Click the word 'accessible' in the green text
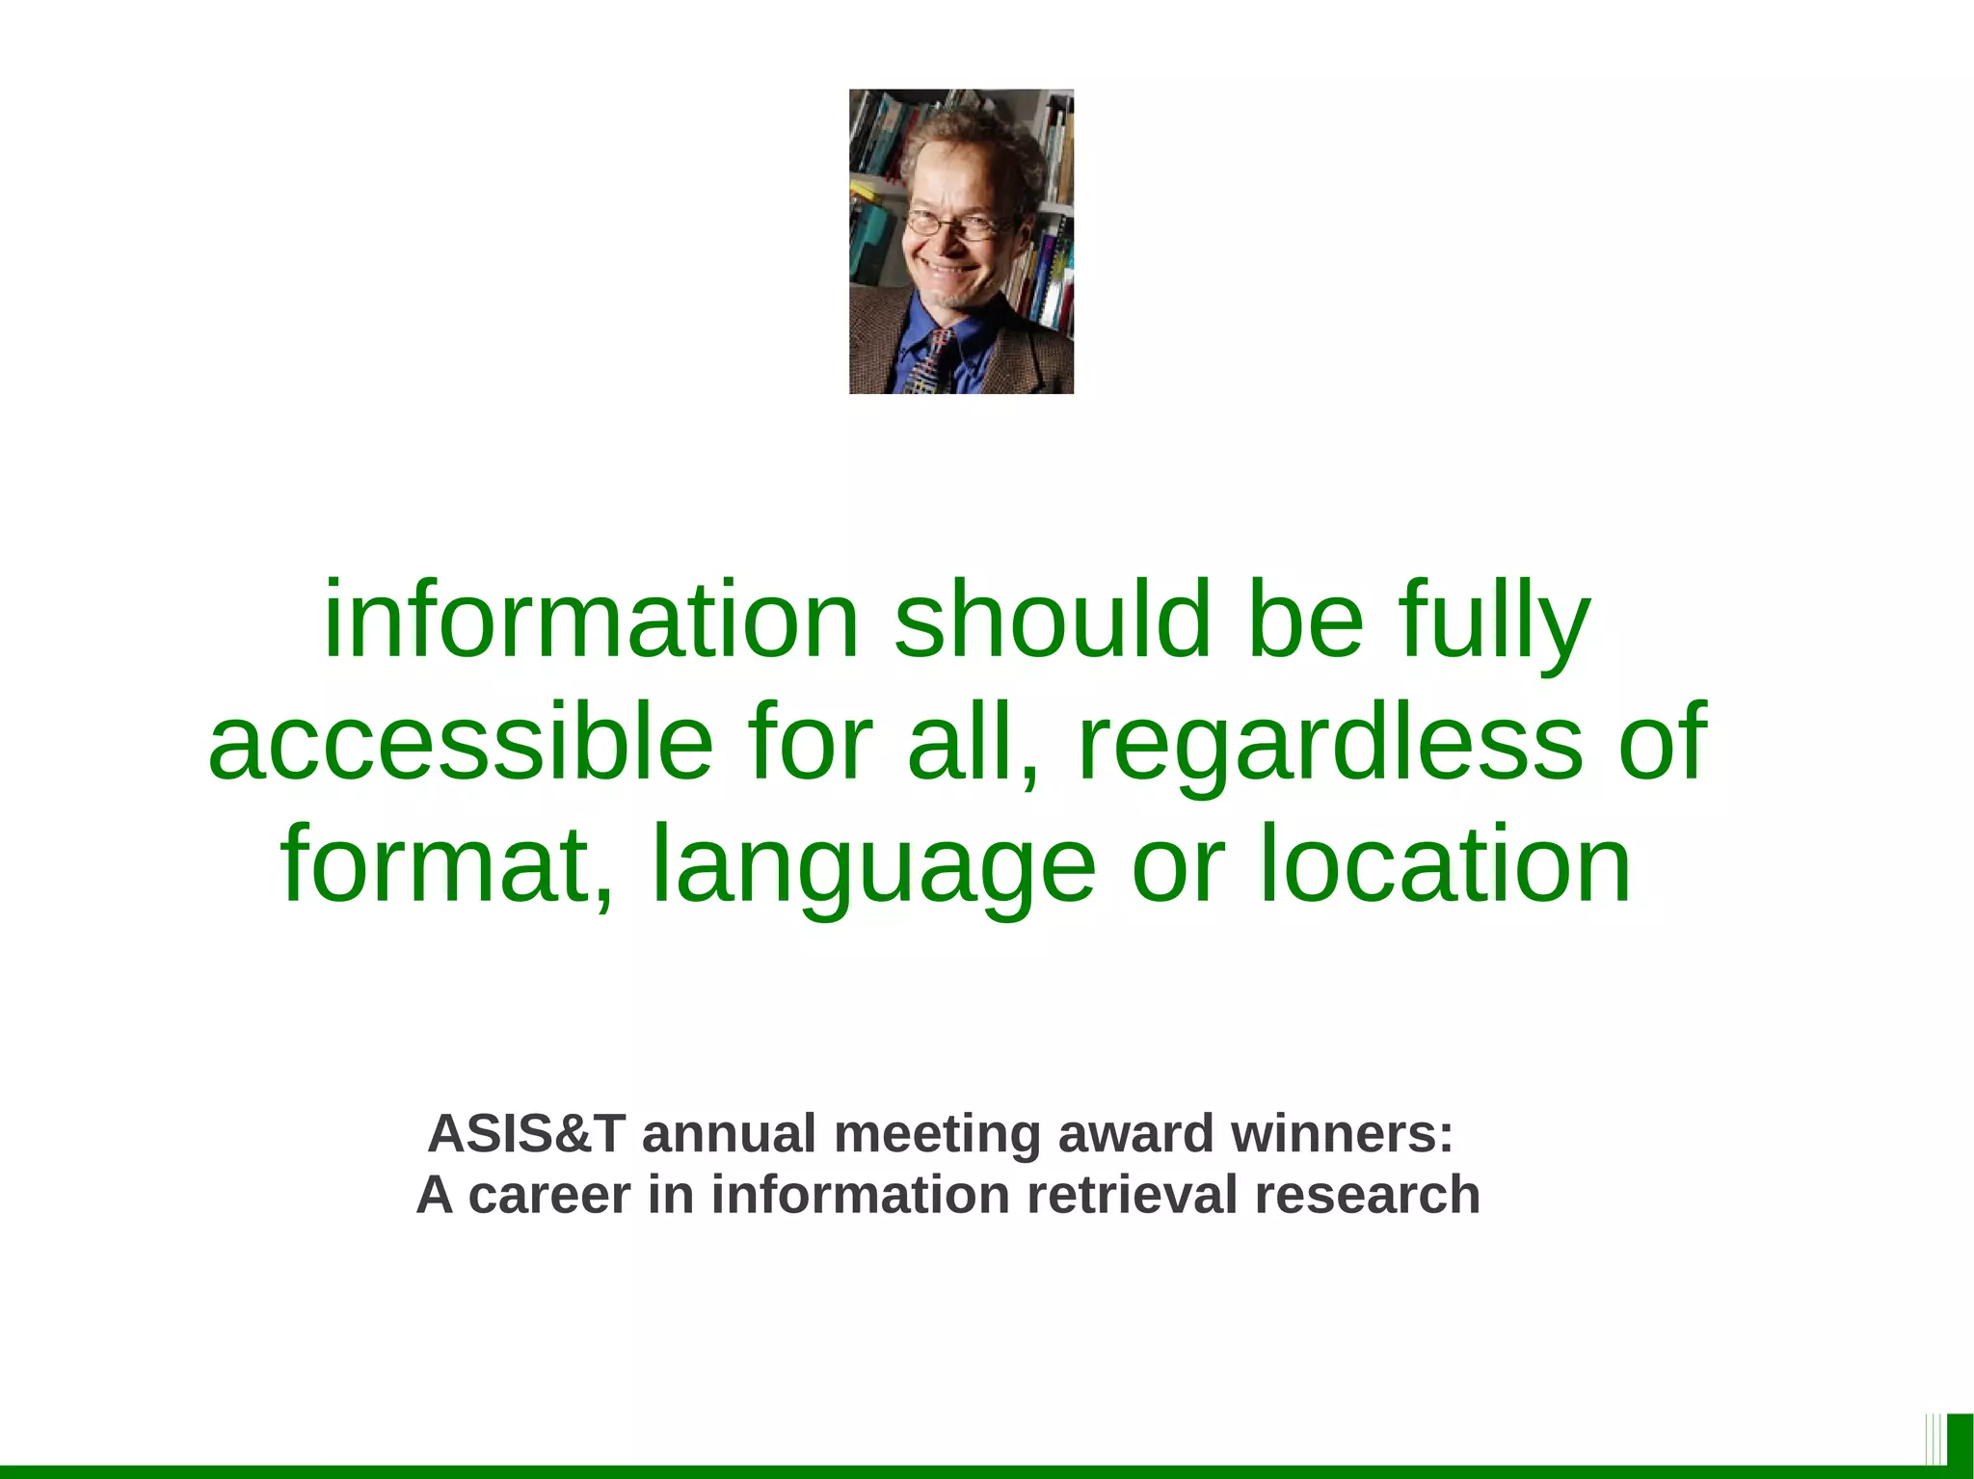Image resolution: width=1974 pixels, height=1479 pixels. coord(460,742)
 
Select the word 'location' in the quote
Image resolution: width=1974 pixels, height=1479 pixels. coord(1445,864)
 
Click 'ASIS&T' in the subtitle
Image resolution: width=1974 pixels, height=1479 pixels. coord(526,1133)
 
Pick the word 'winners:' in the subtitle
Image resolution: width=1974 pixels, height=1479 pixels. coord(1342,1133)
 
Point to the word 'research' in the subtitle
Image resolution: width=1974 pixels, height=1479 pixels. coord(1367,1195)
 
